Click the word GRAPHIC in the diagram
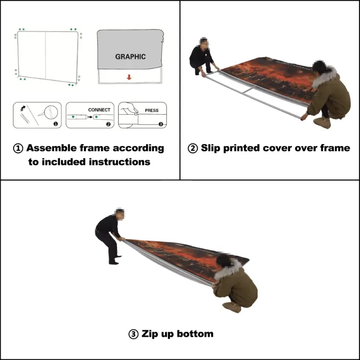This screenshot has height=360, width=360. [x=130, y=57]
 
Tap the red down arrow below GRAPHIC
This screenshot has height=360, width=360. [x=129, y=77]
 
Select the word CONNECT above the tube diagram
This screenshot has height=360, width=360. [x=99, y=110]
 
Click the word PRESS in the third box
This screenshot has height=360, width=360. [x=151, y=110]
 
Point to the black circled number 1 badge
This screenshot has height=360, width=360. [x=55, y=123]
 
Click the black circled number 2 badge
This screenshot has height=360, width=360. [x=108, y=124]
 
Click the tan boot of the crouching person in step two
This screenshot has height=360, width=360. [x=323, y=123]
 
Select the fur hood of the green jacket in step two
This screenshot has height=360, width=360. [x=326, y=75]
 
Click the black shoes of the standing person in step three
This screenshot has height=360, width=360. [x=114, y=262]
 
